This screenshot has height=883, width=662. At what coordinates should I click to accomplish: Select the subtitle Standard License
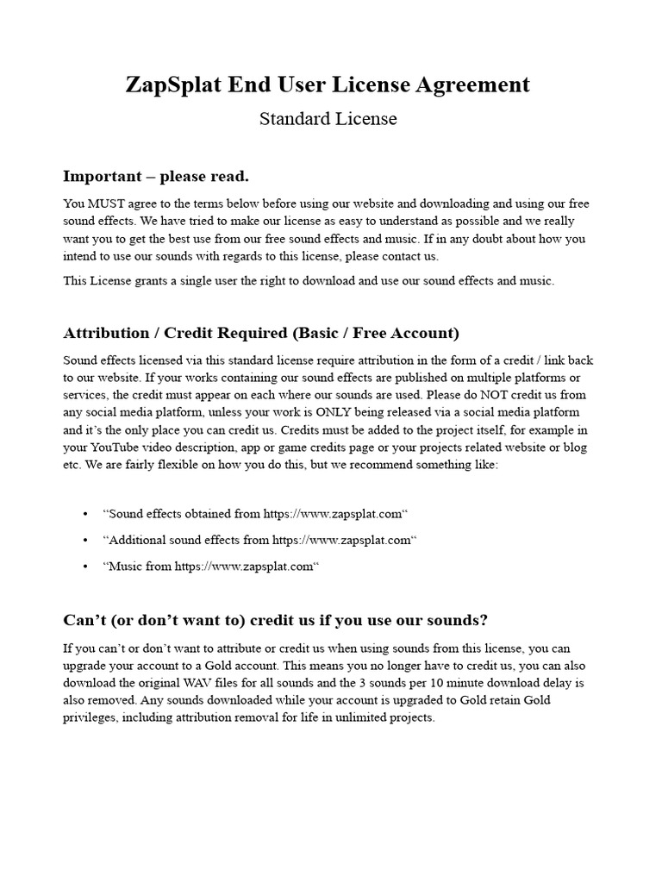point(328,119)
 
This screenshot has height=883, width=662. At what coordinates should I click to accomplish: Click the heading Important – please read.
point(156,177)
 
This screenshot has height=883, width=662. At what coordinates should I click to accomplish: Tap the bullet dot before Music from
point(86,567)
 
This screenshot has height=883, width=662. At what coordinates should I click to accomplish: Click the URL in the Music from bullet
point(244,567)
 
